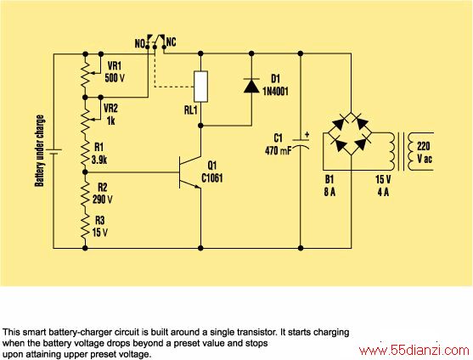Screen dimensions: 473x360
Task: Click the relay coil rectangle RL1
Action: [200, 87]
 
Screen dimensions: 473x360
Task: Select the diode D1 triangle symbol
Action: [251, 86]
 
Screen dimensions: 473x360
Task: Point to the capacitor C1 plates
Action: [301, 144]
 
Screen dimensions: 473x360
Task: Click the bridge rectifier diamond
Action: [350, 133]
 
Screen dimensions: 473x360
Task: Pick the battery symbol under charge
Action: [53, 152]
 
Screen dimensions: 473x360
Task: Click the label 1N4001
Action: [275, 91]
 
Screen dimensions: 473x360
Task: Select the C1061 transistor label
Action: [212, 178]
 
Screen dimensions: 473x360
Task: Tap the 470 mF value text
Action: [278, 150]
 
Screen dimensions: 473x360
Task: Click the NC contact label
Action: [171, 42]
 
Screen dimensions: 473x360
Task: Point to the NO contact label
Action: [140, 43]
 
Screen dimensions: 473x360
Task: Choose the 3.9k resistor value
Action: [99, 160]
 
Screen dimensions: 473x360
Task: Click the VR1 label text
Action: [115, 65]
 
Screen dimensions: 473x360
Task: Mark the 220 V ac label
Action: [424, 153]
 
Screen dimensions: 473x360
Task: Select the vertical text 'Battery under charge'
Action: [40, 151]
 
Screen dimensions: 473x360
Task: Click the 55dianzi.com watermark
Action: [414, 351]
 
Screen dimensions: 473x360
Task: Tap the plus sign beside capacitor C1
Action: [307, 135]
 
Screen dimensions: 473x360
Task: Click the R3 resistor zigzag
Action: [85, 227]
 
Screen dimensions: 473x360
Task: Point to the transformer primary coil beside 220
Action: [412, 152]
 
